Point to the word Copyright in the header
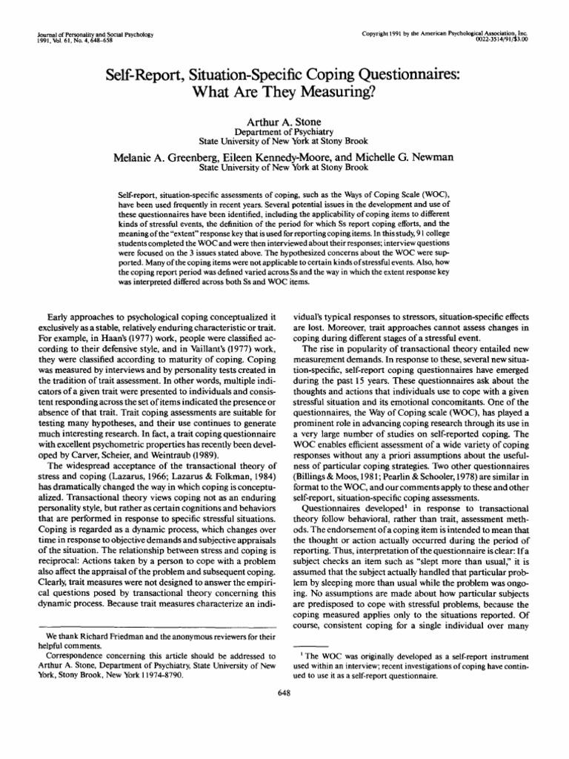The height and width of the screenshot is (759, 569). click(x=375, y=34)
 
